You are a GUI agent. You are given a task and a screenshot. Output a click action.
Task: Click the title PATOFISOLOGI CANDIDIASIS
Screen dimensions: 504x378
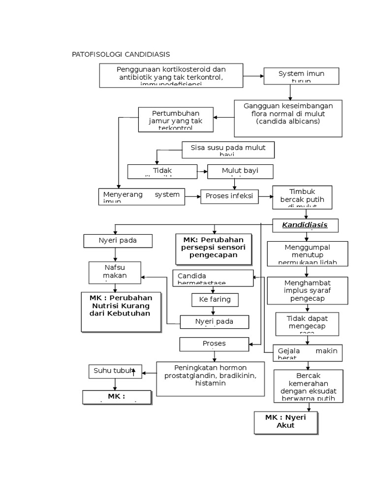click(x=121, y=54)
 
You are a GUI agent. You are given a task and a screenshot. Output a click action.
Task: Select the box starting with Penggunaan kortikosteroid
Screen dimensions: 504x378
click(x=171, y=76)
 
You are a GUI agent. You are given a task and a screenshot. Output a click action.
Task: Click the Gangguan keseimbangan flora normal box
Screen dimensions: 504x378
click(x=288, y=118)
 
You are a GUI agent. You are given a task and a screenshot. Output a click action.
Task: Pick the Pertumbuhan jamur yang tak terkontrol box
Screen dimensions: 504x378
click(x=176, y=120)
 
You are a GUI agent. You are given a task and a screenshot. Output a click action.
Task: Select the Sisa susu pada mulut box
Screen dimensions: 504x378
click(x=228, y=150)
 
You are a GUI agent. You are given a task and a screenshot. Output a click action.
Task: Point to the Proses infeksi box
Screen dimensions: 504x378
click(x=229, y=196)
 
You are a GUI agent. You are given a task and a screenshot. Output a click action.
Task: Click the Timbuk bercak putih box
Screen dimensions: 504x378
click(x=302, y=197)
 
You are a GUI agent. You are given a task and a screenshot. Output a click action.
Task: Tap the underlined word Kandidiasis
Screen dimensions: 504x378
click(x=305, y=225)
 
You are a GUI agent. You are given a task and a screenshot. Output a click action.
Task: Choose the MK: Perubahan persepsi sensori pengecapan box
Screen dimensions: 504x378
click(x=214, y=249)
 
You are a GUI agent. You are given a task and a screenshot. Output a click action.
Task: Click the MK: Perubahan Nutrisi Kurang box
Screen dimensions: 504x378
click(x=121, y=312)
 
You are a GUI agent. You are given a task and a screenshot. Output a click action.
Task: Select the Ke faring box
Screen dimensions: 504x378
click(x=215, y=300)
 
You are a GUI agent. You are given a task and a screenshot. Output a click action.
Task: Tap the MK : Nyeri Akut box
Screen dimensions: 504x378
click(x=285, y=423)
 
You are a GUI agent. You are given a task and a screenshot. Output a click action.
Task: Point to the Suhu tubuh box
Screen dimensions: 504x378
click(x=115, y=371)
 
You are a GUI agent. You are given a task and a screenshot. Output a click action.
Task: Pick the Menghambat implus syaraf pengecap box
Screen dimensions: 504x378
click(x=307, y=290)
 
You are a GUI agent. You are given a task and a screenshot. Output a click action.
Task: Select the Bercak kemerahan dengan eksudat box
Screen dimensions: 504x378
click(x=308, y=386)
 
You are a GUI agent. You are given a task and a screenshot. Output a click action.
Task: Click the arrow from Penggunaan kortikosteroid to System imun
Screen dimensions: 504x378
click(x=253, y=76)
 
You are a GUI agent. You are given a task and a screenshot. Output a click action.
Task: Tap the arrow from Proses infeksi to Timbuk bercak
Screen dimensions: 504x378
click(x=265, y=196)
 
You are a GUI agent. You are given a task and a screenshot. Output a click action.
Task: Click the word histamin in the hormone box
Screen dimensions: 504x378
click(x=210, y=383)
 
